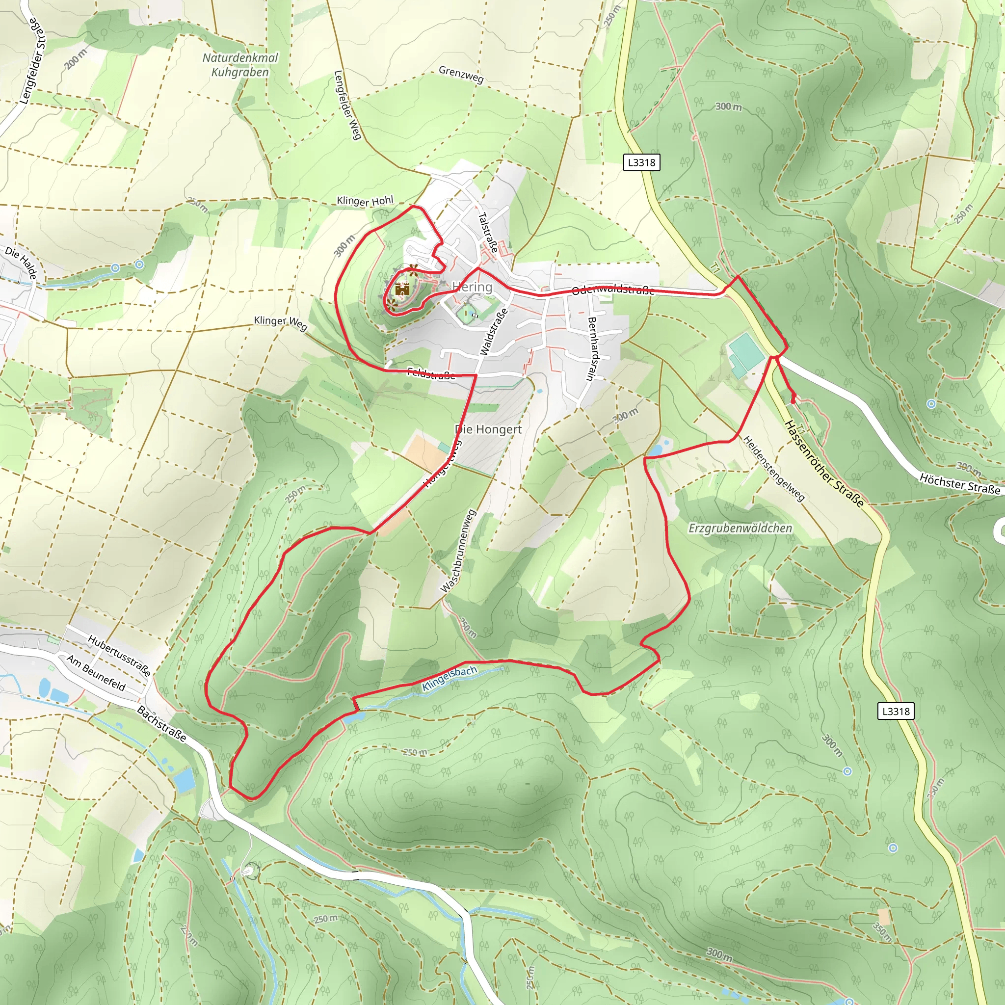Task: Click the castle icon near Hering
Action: click(x=402, y=289)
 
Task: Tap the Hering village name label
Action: click(x=473, y=287)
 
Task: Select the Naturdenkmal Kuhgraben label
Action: click(x=240, y=65)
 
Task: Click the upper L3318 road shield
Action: click(x=641, y=162)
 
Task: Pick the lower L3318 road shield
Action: click(x=896, y=711)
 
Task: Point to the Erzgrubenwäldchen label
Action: click(x=740, y=528)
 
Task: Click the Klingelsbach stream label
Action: click(x=449, y=679)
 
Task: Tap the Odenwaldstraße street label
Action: click(x=613, y=290)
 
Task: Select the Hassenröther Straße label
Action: click(x=824, y=464)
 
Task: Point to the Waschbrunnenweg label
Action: click(x=458, y=551)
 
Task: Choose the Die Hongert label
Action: click(x=488, y=429)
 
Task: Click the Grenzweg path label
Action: click(x=461, y=75)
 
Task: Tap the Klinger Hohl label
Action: click(x=365, y=200)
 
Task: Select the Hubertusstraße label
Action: click(x=119, y=656)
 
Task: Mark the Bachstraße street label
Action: click(x=161, y=723)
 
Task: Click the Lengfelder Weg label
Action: click(x=347, y=105)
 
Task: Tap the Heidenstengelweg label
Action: click(x=774, y=468)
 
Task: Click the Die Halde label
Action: click(x=21, y=263)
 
